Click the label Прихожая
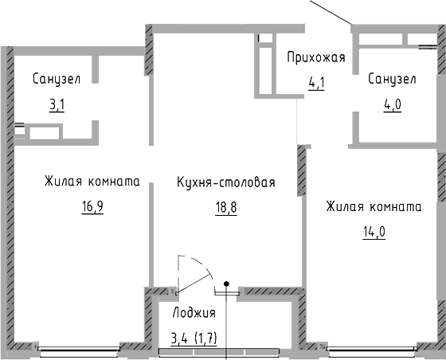tap(315, 57)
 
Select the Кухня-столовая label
tap(225, 182)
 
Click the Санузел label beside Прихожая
tap(393, 79)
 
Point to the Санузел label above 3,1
tap(57, 79)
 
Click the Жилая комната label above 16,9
tap(92, 182)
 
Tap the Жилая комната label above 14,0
tap(373, 207)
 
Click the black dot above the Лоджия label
tap(227, 283)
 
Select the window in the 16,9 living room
tap(79, 349)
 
